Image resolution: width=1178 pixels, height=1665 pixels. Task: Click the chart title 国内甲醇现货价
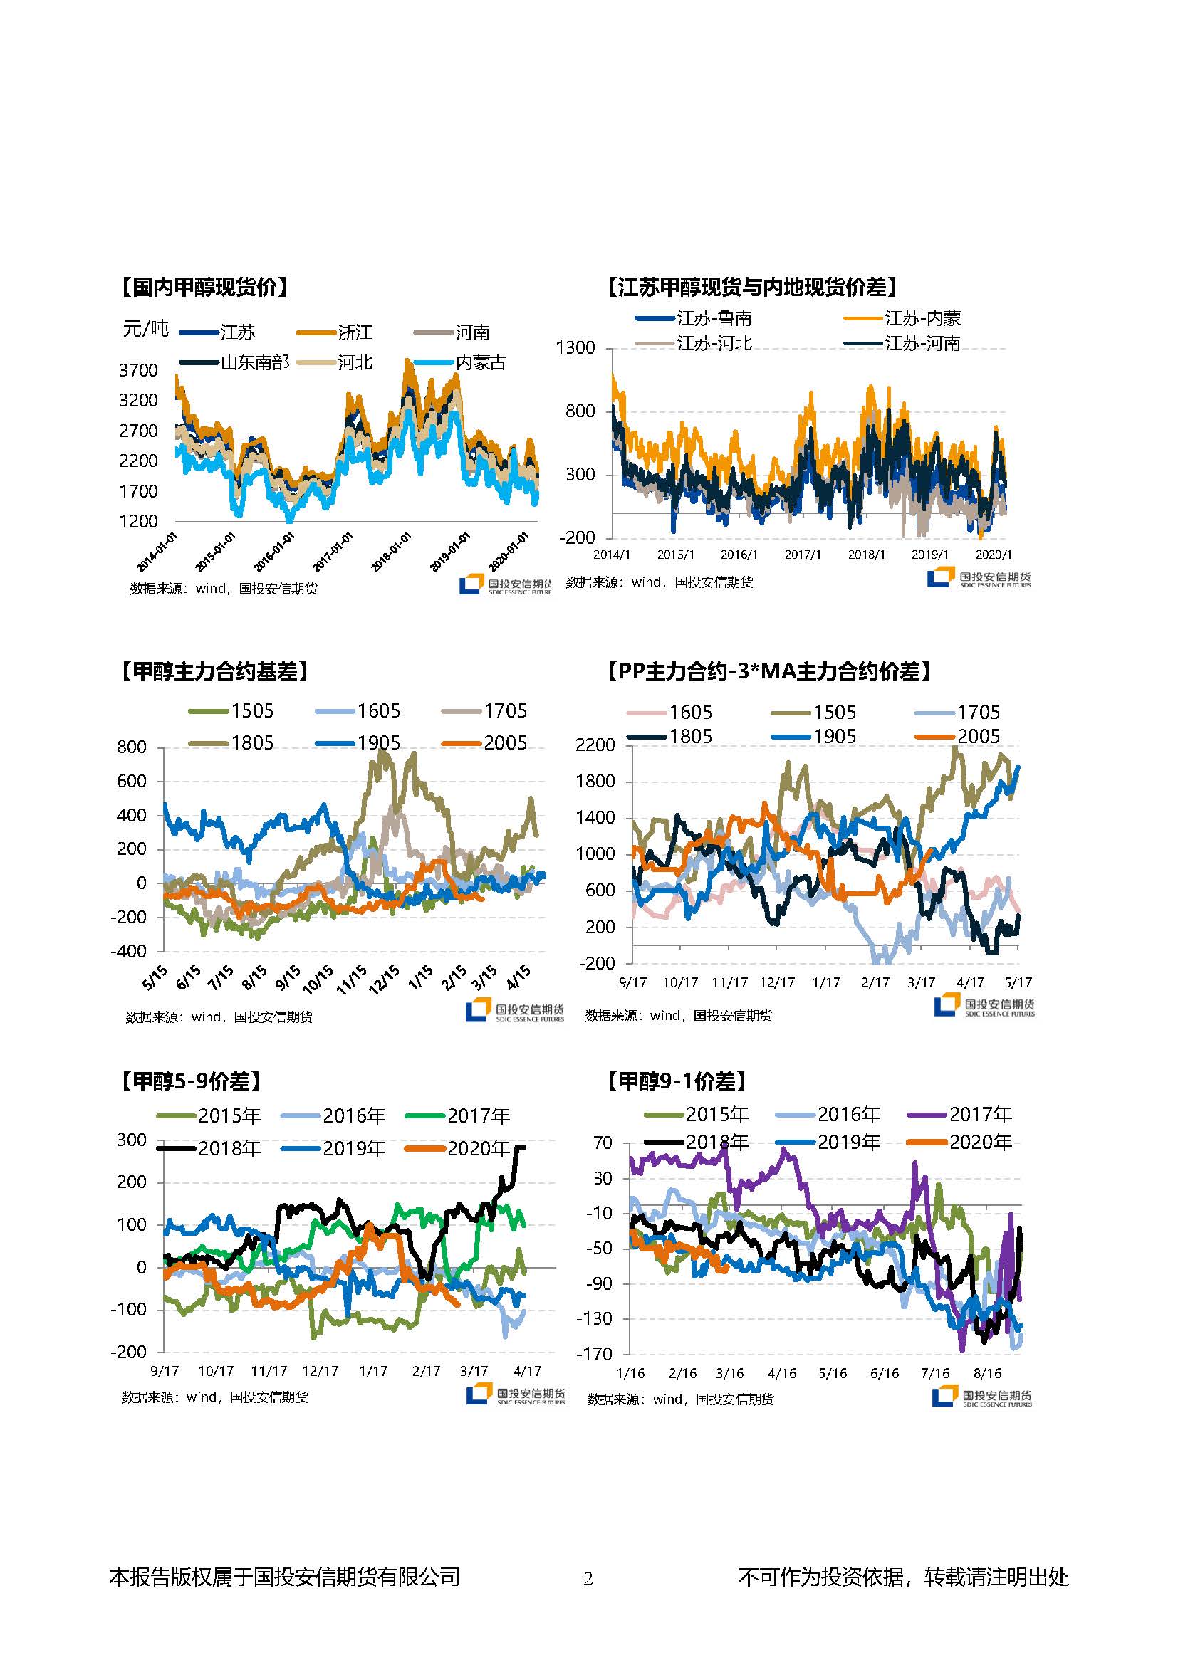203,287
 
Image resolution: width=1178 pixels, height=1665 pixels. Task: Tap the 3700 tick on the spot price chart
138,371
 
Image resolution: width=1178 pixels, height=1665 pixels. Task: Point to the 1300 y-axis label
575,348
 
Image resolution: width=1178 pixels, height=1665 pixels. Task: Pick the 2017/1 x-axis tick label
802,555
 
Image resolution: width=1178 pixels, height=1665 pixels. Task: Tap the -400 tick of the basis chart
128,951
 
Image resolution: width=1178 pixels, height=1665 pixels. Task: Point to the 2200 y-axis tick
595,745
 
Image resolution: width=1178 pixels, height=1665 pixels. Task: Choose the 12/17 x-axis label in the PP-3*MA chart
777,982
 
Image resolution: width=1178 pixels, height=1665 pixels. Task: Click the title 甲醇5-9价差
190,1082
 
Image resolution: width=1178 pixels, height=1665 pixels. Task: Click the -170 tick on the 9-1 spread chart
593,1354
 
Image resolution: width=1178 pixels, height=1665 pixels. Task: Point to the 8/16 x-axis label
986,1373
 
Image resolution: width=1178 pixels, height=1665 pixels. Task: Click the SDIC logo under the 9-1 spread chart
981,1397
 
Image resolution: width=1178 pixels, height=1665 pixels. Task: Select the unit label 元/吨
146,330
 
